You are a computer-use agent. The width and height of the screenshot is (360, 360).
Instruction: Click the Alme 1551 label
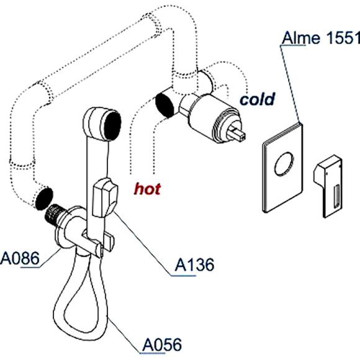coord(320,39)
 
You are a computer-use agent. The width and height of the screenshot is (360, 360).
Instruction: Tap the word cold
coord(258,99)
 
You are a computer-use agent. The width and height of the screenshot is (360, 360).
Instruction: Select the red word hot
coord(148,188)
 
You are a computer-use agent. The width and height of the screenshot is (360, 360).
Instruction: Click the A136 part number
coord(193,265)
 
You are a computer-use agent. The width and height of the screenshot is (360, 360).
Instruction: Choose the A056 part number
coord(163,345)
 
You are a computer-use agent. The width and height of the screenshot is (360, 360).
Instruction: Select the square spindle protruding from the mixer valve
coord(238,132)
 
